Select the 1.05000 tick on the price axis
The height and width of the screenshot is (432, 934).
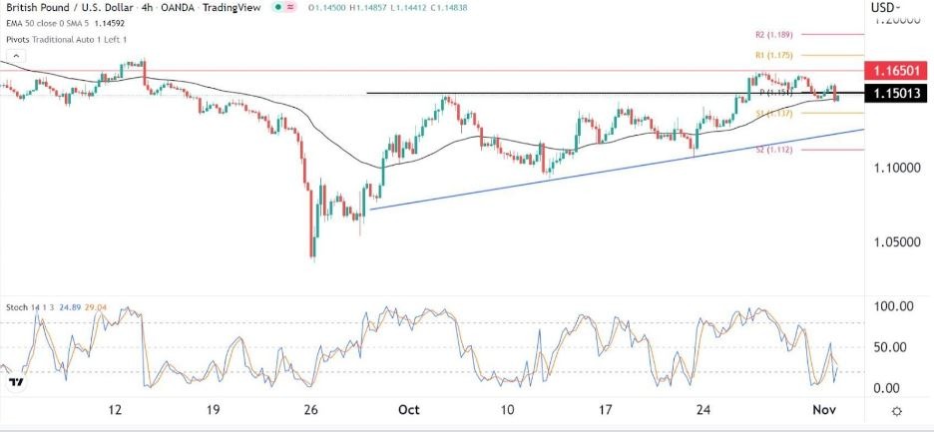tap(892, 241)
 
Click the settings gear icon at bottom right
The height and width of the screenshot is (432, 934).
tap(897, 411)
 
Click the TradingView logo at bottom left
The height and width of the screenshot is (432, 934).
tap(15, 381)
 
